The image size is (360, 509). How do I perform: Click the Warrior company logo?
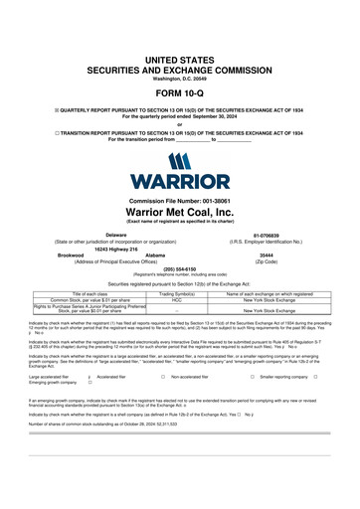pos(179,173)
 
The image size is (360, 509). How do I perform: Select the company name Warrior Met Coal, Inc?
pos(179,212)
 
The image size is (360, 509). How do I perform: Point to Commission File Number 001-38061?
pos(179,200)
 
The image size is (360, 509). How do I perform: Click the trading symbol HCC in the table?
pos(175,299)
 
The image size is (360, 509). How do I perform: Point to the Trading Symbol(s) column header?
pos(175,294)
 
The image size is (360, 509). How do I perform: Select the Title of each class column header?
pos(83,294)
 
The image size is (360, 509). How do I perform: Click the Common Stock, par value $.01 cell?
pos(83,299)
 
